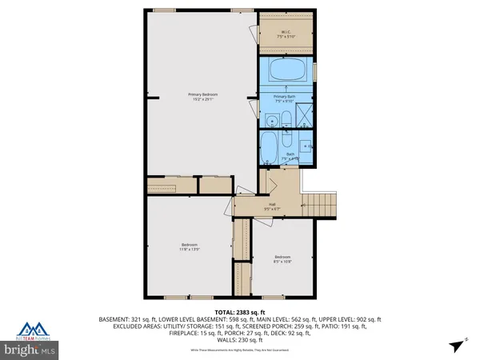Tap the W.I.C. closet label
click(x=287, y=35)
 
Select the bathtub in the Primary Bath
click(x=286, y=70)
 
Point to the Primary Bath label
click(x=286, y=98)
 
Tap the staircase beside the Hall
click(x=325, y=205)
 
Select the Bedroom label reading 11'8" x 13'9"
click(x=190, y=247)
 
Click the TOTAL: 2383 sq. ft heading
click(x=241, y=311)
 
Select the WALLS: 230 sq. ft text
click(x=241, y=340)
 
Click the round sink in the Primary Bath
click(x=271, y=120)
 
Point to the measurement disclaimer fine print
click(x=241, y=350)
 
